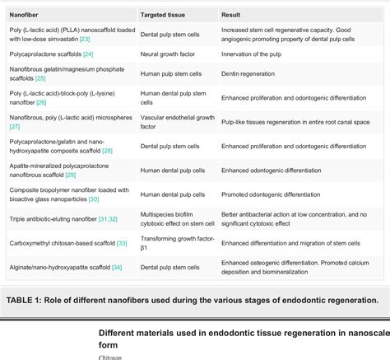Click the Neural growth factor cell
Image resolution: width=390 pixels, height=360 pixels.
click(165, 54)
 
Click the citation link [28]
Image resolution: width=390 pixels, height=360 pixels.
click(129, 151)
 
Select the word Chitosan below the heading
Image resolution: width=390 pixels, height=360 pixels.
click(110, 357)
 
